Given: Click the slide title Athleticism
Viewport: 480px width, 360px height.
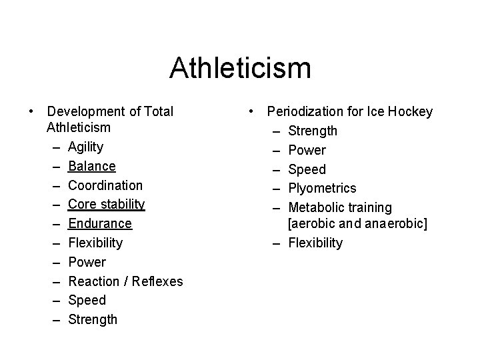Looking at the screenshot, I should point(240,67).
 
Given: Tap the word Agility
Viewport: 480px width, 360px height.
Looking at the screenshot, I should point(85,147).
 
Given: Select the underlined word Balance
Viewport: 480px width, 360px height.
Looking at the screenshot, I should point(92,166).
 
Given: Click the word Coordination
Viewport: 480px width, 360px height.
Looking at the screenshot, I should point(105,185).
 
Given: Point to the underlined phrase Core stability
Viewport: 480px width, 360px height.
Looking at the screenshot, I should point(107,204).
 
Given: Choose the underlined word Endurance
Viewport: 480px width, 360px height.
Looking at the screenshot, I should point(100,223).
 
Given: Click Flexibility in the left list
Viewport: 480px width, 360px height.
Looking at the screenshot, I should point(95,243).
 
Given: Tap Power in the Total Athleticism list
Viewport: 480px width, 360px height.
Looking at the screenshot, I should point(87,262).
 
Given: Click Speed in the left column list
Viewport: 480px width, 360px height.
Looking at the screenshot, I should point(87,300).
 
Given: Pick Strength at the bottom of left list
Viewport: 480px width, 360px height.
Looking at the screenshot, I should point(93,319).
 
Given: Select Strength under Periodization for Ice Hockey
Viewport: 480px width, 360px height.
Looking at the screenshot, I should point(313,131).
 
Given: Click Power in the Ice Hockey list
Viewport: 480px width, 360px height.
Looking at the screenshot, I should point(307,151).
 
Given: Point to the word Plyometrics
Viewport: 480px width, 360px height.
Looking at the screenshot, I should point(322,189).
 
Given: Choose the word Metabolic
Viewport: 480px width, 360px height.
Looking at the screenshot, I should point(315,208).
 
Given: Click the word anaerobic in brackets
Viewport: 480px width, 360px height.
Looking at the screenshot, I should point(394,224).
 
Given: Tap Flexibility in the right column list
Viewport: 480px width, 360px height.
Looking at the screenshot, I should point(315,243).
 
